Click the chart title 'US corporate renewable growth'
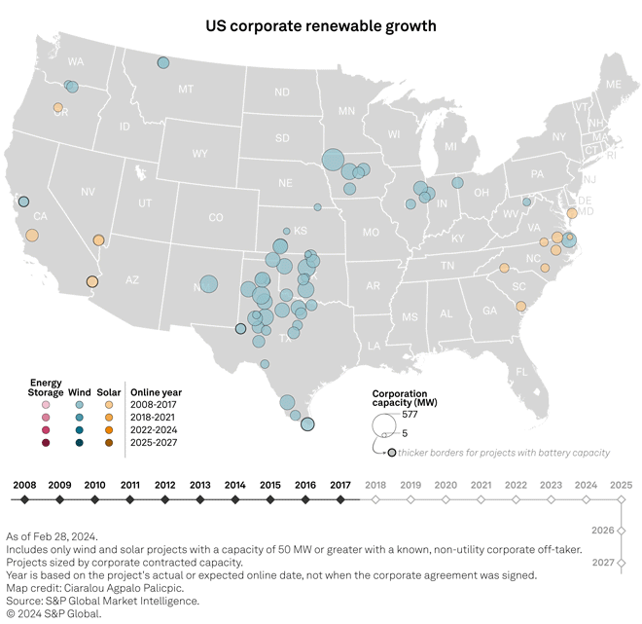(x=320, y=23)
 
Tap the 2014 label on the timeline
(x=234, y=484)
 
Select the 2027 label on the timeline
(x=602, y=563)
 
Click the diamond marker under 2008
(x=24, y=499)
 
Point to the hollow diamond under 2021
(x=481, y=499)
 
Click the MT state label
(x=185, y=89)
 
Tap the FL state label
(x=521, y=371)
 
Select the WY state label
(x=199, y=154)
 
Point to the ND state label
(x=281, y=92)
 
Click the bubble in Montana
(x=163, y=63)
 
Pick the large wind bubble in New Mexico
(x=208, y=284)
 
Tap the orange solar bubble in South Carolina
(x=521, y=306)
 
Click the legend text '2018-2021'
(x=155, y=416)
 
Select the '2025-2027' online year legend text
(x=155, y=443)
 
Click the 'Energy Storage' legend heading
(x=46, y=387)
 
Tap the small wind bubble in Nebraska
(x=317, y=206)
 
